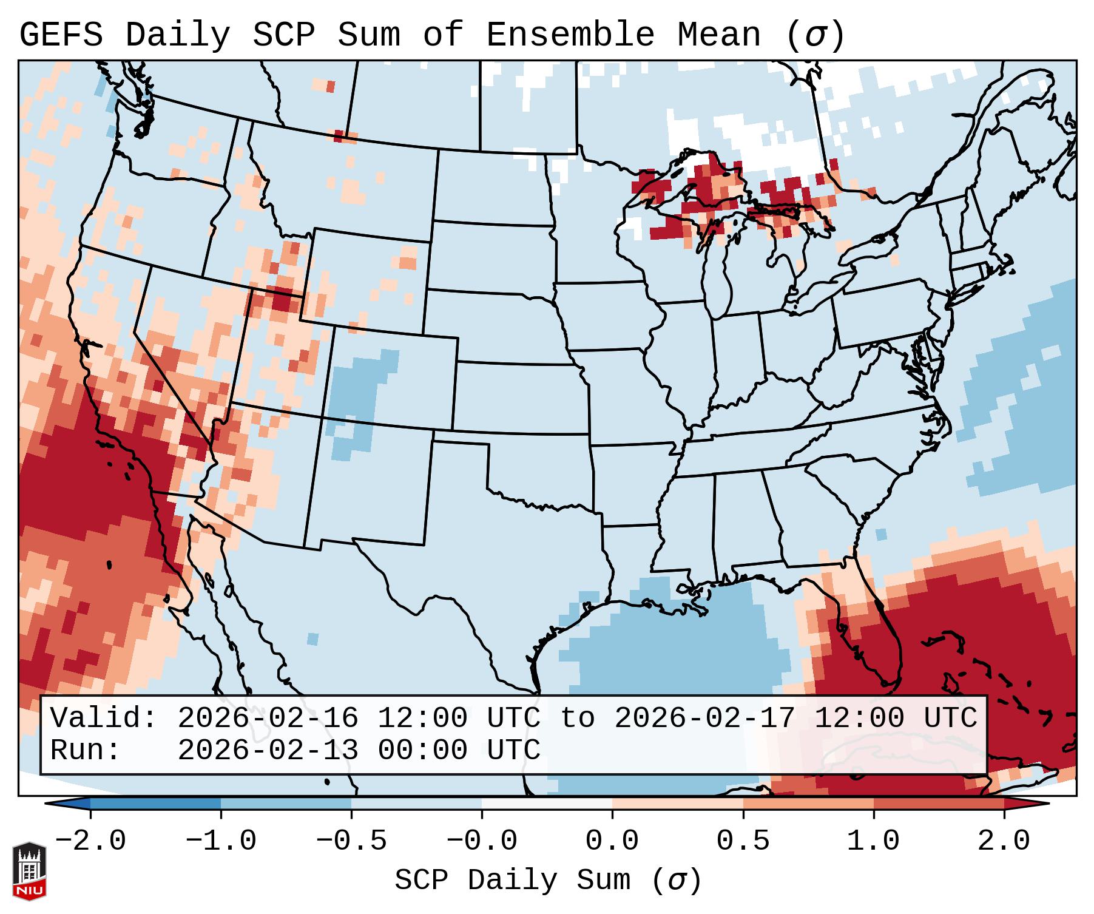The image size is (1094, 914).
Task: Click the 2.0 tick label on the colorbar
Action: pyautogui.click(x=1004, y=841)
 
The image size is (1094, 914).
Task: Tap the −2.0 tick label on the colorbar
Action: pyautogui.click(x=90, y=841)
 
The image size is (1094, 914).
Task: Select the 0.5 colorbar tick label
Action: pyautogui.click(x=743, y=841)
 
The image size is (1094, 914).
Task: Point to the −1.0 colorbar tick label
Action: pyautogui.click(x=221, y=841)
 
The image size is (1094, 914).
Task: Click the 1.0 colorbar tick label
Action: pyautogui.click(x=873, y=841)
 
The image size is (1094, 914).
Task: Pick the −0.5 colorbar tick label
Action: pyautogui.click(x=351, y=841)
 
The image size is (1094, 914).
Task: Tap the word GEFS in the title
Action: pyautogui.click(x=61, y=35)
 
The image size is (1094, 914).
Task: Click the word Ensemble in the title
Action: pyautogui.click(x=570, y=35)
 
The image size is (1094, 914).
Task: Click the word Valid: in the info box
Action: pyautogui.click(x=104, y=718)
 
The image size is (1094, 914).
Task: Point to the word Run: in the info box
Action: pyautogui.click(x=86, y=750)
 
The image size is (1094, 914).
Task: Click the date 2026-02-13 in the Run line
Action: pyautogui.click(x=268, y=750)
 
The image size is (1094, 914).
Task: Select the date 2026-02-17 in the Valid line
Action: pyautogui.click(x=704, y=718)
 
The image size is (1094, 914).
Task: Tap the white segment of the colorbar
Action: pyautogui.click(x=547, y=804)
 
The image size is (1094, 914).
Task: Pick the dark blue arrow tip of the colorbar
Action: pyautogui.click(x=61, y=804)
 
